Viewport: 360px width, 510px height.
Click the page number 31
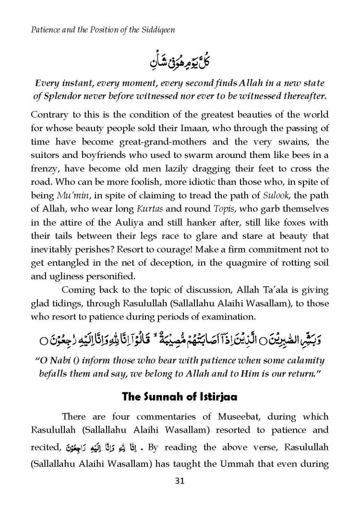180,481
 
